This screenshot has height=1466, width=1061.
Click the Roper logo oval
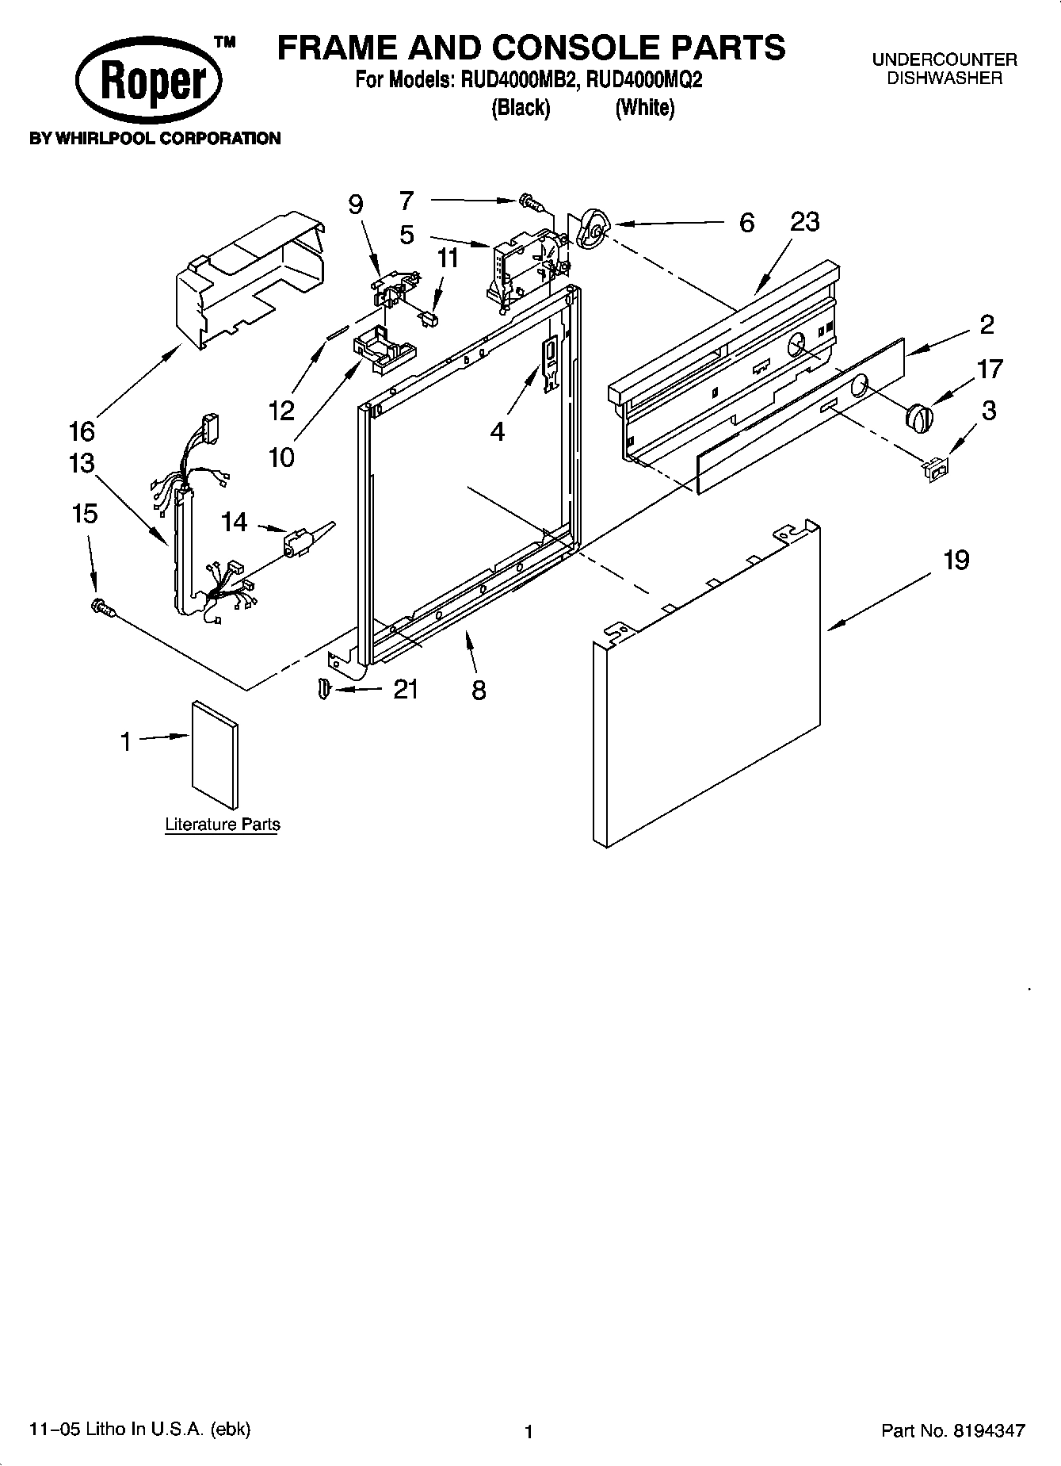pyautogui.click(x=149, y=80)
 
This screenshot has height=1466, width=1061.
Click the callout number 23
pyautogui.click(x=804, y=222)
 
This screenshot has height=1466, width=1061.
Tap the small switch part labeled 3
pyautogui.click(x=935, y=470)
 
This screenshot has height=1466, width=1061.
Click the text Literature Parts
pyautogui.click(x=223, y=825)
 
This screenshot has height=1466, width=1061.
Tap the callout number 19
pyautogui.click(x=956, y=560)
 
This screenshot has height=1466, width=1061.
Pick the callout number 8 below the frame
pyautogui.click(x=479, y=690)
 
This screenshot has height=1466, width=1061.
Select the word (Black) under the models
pyautogui.click(x=521, y=108)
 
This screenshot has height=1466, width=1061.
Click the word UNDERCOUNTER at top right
pyautogui.click(x=945, y=59)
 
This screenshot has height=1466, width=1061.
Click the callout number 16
pyautogui.click(x=82, y=431)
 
